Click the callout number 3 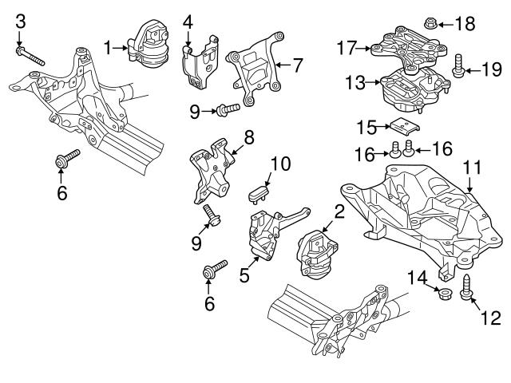pyautogui.click(x=21, y=20)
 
